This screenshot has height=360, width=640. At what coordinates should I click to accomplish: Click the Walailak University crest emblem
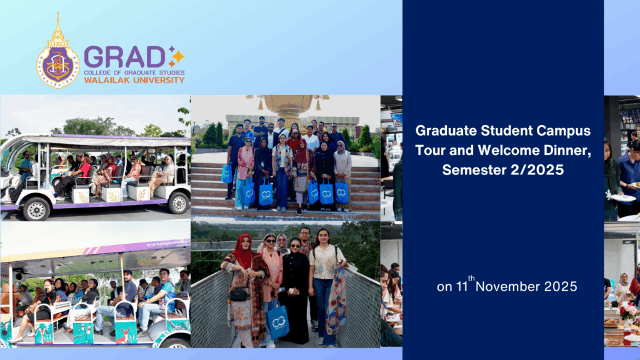57,53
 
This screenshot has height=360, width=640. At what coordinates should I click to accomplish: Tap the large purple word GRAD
124,57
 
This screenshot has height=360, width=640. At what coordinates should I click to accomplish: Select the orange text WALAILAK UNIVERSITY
134,80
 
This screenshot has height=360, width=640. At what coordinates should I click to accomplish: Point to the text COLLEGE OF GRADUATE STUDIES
134,72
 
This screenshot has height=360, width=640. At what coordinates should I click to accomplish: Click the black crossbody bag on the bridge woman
238,294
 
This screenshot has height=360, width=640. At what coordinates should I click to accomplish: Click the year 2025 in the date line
561,287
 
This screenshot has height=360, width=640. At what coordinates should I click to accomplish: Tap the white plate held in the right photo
622,198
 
